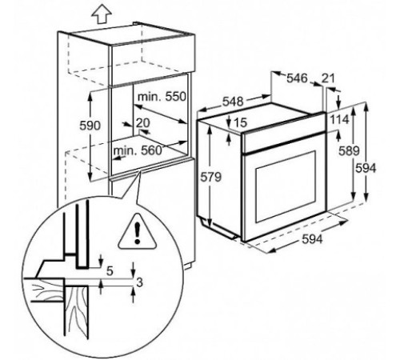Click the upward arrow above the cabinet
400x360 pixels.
pos(102,15)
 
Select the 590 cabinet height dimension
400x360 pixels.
pos(90,126)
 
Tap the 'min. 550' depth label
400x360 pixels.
pos(162,97)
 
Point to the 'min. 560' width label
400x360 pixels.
pos(138,150)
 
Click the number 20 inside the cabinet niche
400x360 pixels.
pos(143,123)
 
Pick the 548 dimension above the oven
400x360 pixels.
pos(233,102)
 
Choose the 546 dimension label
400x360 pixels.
pos(297,78)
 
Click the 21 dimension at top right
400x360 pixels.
pos(328,78)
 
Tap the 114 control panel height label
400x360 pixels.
pos(339,119)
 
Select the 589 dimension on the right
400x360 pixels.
pos(349,151)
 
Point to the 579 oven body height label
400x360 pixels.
pos(211,177)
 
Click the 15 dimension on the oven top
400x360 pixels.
pos(241,122)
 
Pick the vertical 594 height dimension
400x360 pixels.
pos(366,168)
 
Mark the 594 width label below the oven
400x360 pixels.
pos(312,239)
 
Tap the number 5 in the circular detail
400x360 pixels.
pos(110,271)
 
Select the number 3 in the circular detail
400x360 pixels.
pos(139,282)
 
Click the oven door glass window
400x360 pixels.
pos(286,186)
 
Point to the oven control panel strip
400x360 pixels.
pos(283,134)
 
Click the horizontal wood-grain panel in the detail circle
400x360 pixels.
pos(44,290)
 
